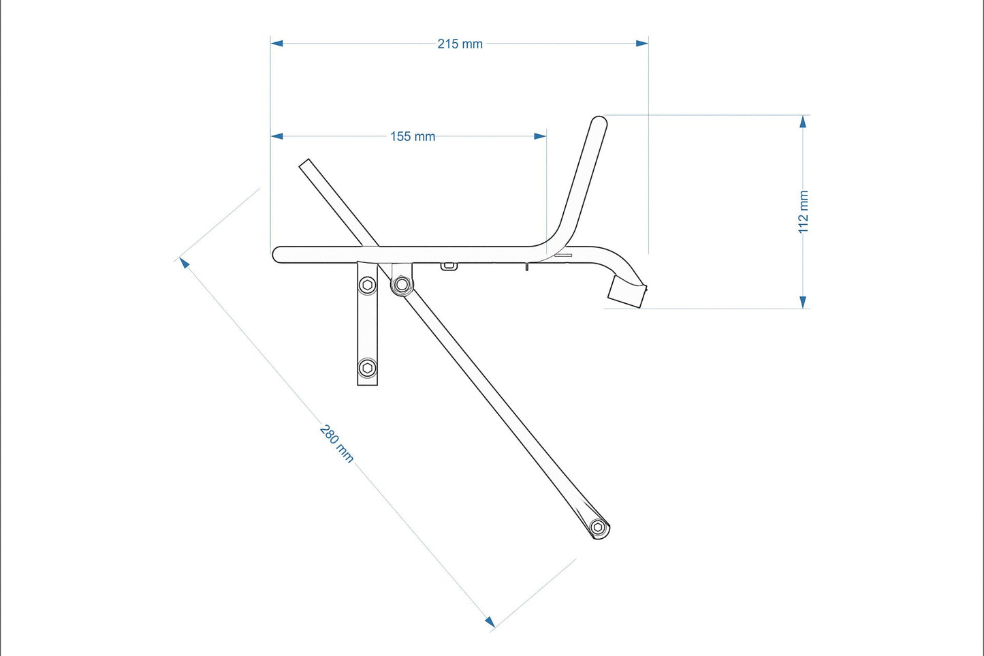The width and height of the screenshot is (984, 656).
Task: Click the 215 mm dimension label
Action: [460, 44]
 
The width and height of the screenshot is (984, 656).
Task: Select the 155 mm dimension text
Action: [412, 136]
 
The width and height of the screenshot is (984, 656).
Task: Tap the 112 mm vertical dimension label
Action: [804, 212]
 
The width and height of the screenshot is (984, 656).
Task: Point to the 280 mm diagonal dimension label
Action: [337, 443]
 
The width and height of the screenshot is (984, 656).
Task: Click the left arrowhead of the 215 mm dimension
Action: [276, 43]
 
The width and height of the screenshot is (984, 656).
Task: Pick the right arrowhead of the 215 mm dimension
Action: [642, 43]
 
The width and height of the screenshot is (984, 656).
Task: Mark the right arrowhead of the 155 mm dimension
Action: [540, 136]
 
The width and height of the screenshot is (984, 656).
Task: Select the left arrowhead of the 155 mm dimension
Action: [276, 136]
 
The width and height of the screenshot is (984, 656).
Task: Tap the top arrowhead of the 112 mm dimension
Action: [803, 121]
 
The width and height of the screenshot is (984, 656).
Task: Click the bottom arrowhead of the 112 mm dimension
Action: [803, 302]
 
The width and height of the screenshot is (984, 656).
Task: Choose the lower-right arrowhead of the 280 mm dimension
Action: [490, 621]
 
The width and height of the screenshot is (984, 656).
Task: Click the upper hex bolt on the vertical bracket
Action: [368, 285]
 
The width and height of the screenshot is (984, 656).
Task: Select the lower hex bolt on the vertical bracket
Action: [368, 369]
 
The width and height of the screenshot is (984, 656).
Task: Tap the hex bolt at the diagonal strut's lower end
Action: [598, 527]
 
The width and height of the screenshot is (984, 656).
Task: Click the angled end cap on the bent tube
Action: [626, 292]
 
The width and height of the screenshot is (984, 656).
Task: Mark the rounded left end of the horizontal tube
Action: [278, 254]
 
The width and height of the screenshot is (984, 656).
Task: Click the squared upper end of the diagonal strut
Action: [305, 163]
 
